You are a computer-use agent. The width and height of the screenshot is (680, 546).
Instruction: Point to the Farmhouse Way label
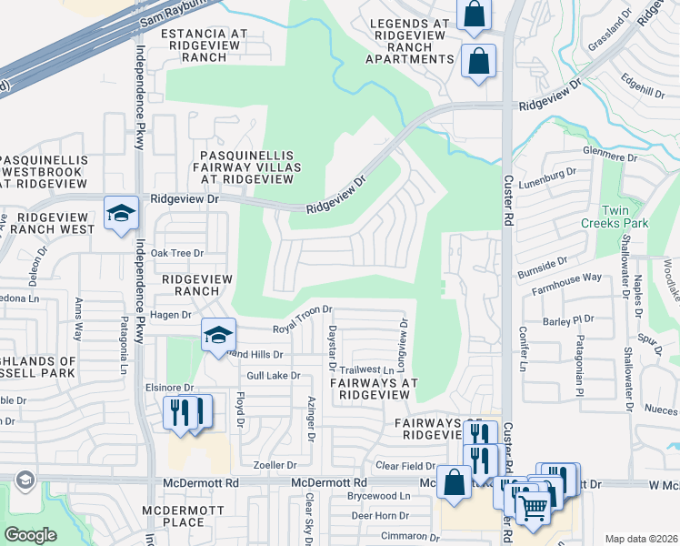pos(566,277)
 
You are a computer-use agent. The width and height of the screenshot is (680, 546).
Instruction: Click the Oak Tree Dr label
pos(177,252)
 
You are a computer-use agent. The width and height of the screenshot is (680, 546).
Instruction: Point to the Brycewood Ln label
pos(379,497)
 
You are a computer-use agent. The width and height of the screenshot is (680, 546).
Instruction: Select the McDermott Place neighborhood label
pos(173,516)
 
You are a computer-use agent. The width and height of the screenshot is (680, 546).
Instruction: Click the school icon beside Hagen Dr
pos(218,335)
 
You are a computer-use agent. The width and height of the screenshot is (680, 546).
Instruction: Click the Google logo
pos(31,535)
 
